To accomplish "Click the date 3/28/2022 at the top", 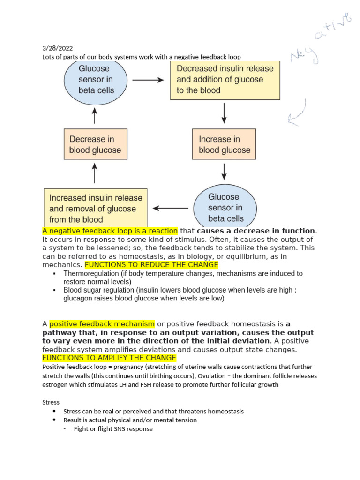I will point(57,48).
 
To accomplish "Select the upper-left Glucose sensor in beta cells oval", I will point(96,79).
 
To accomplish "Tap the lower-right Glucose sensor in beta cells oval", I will point(225,208).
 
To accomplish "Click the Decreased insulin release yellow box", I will point(225,79).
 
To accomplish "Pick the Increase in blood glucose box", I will point(224,144).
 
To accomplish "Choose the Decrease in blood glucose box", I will point(95,144).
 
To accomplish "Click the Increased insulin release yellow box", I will point(96,209).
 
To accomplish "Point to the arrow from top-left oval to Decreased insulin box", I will point(148,80).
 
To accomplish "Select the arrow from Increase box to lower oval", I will point(225,171).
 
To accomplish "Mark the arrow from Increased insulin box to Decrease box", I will point(95,173).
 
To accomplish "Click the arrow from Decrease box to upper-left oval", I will point(95,115).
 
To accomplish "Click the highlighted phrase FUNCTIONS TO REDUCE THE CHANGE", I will point(151,264).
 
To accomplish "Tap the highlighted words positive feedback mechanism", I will point(102,324).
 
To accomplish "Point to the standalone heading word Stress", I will point(51,402).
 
